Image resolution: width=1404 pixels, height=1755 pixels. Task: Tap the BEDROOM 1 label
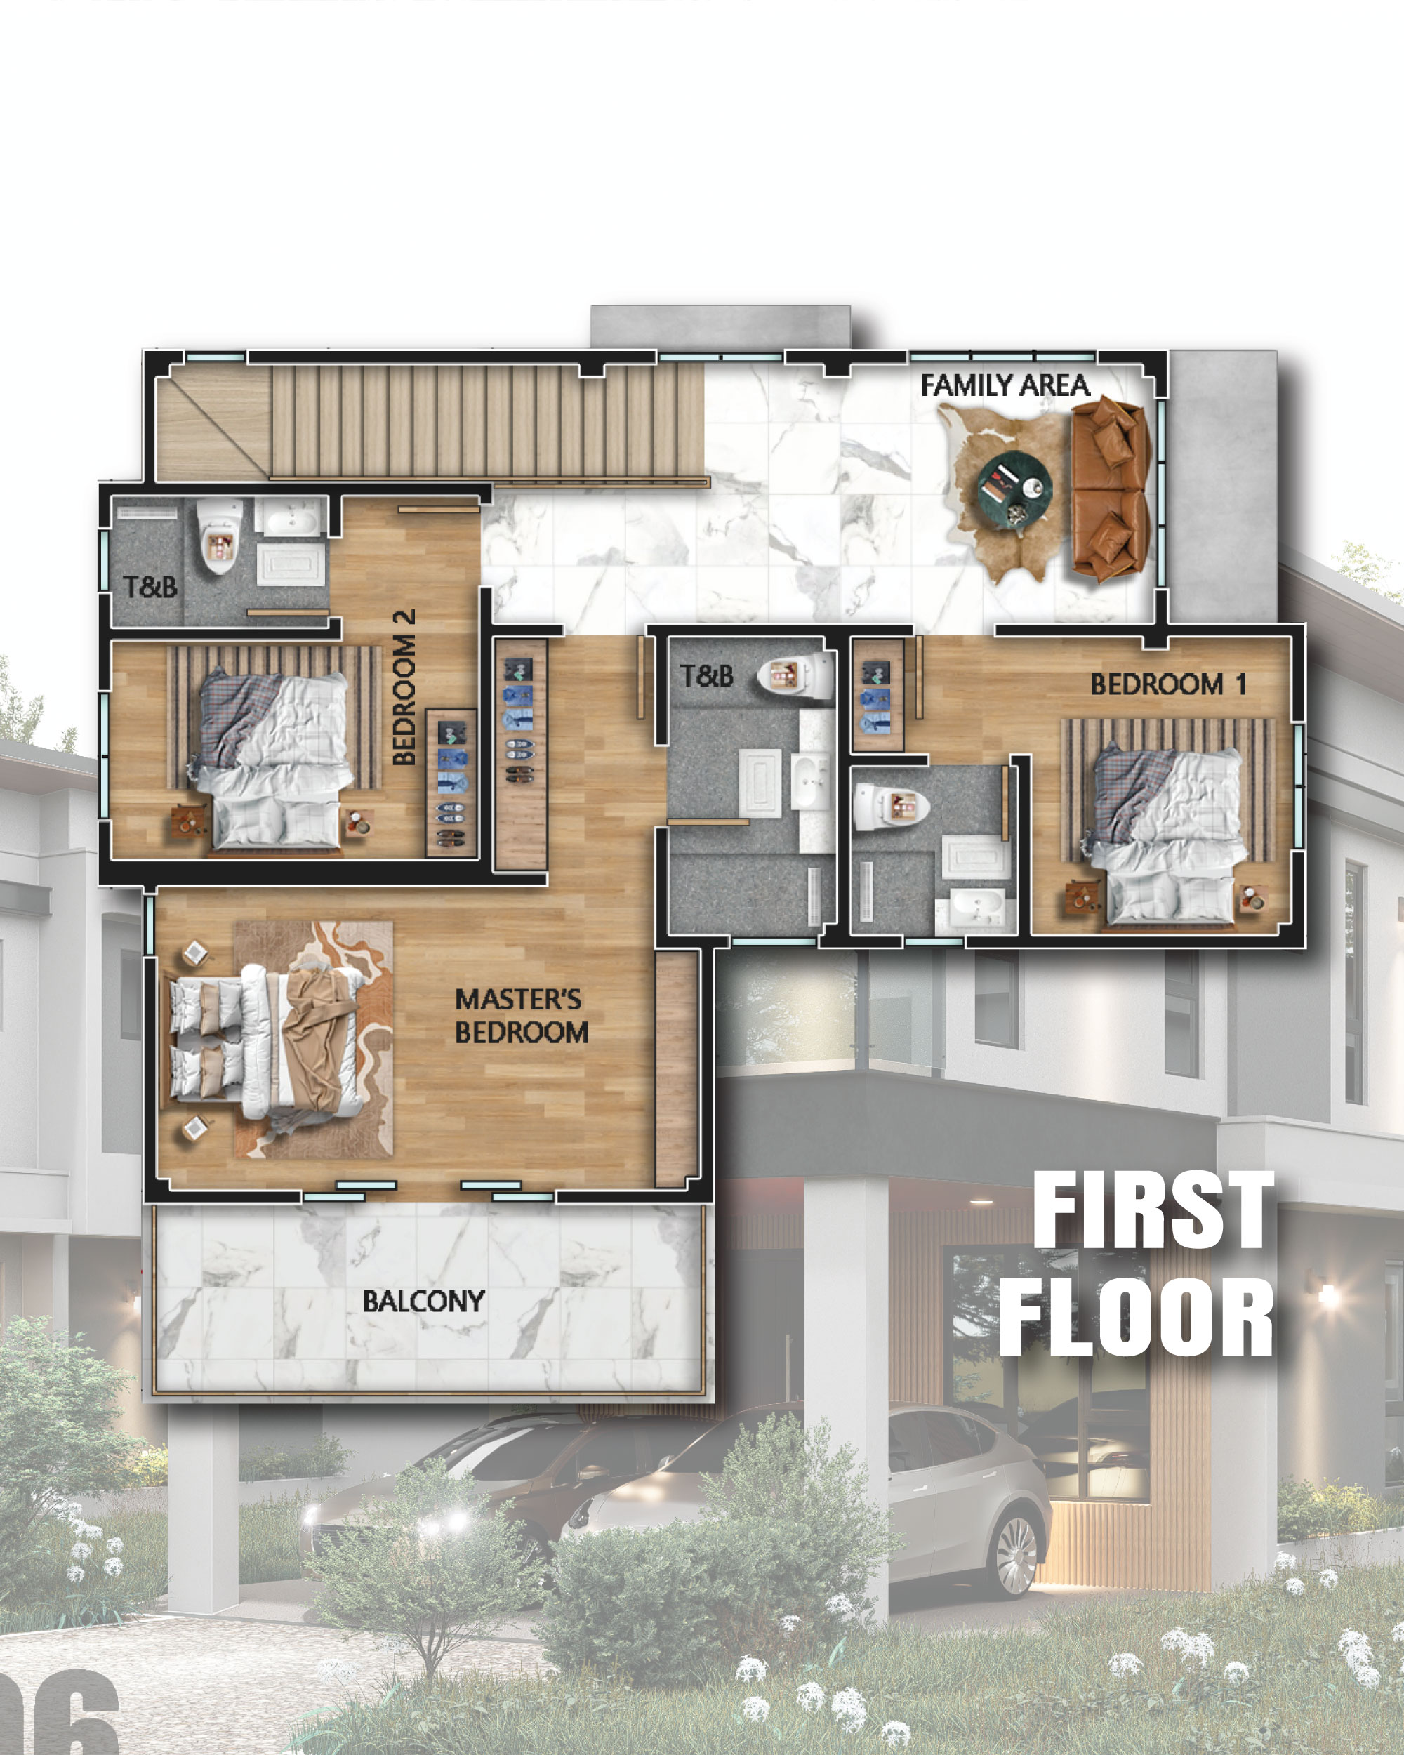pos(1168,684)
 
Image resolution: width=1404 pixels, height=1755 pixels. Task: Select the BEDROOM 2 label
pos(404,687)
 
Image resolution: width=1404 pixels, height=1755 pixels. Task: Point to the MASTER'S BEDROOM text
pos(522,1015)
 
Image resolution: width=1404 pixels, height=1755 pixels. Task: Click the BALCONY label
pos(423,1301)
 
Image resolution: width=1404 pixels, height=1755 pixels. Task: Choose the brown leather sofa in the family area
pos(1110,489)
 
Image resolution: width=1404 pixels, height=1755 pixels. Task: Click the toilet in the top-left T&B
pos(220,534)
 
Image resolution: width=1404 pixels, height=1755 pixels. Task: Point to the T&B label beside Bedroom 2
pos(150,586)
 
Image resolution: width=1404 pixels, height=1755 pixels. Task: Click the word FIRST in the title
pos(1153,1210)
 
